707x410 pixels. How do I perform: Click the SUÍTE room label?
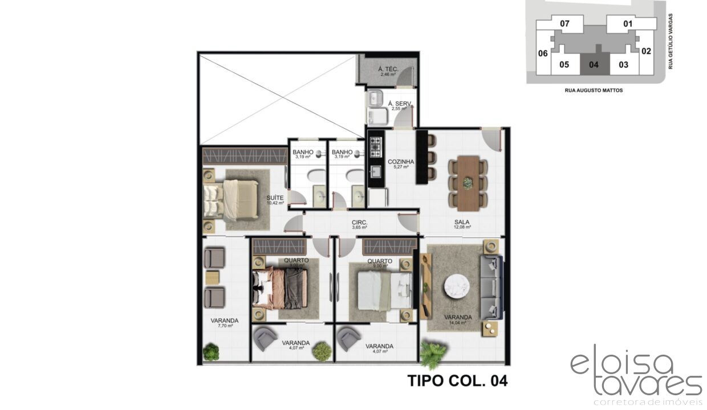point(275,199)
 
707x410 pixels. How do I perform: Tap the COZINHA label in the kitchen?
point(401,162)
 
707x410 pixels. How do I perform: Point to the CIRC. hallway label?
point(359,223)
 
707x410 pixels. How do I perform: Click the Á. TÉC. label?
point(388,70)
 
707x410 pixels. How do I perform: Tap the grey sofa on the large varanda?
point(491,287)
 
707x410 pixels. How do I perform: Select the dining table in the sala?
point(468,183)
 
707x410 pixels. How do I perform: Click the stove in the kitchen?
point(375,147)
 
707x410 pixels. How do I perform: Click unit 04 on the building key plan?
point(594,64)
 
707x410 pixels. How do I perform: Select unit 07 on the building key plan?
point(564,24)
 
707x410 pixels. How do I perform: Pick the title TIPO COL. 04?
point(457,380)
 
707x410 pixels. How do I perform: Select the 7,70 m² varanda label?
point(228,323)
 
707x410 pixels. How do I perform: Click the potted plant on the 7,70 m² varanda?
point(211,352)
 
